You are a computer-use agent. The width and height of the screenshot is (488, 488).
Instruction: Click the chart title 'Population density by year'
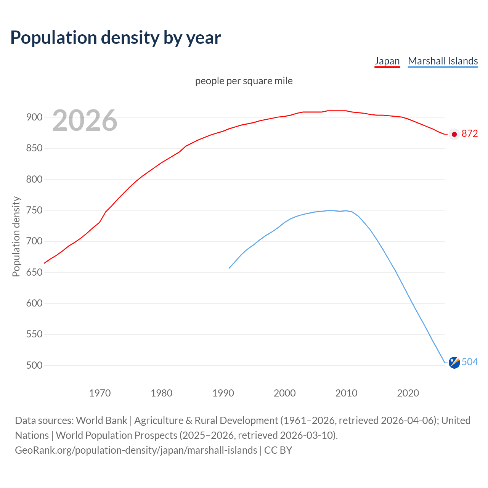(x=116, y=37)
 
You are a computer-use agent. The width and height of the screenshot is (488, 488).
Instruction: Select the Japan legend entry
(x=387, y=61)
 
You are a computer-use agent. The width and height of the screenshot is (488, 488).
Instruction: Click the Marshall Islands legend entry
(x=443, y=61)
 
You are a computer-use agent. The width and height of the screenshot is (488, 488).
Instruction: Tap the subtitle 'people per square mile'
(x=244, y=81)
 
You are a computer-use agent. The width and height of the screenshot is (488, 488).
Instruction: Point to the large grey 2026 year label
(x=85, y=120)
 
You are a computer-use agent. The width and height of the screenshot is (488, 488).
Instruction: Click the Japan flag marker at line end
(x=454, y=134)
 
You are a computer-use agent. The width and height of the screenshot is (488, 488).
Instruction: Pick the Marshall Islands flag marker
(x=454, y=363)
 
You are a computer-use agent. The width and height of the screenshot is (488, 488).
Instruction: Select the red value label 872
(x=469, y=134)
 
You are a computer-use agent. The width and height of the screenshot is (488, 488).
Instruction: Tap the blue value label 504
(x=469, y=362)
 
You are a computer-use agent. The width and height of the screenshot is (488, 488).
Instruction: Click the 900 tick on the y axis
(x=34, y=117)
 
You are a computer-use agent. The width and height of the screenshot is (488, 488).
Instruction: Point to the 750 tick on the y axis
(x=34, y=210)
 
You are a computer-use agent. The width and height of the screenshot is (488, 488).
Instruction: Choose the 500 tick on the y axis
(x=34, y=365)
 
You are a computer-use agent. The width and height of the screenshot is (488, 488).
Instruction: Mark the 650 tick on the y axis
(x=34, y=272)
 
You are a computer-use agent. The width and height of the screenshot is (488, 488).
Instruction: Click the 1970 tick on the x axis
(x=100, y=393)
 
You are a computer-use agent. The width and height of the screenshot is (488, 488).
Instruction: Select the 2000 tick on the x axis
(x=285, y=393)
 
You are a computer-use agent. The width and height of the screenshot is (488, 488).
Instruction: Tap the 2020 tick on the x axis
(x=408, y=393)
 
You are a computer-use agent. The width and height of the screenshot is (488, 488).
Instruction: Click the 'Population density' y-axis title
(x=16, y=236)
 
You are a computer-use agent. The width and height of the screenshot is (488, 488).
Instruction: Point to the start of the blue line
(x=229, y=268)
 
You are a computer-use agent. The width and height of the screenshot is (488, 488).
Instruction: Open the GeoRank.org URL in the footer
(x=136, y=450)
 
